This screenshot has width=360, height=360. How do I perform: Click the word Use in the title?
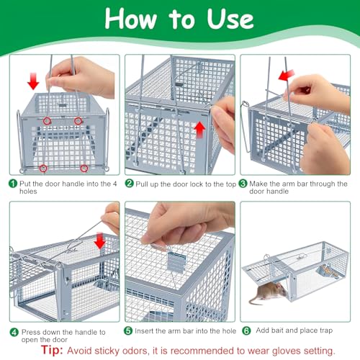[x=230, y=19]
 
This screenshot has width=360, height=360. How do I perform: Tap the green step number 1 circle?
[x=13, y=184]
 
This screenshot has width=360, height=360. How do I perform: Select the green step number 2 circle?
[x=129, y=184]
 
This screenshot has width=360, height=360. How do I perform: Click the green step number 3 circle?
[x=243, y=184]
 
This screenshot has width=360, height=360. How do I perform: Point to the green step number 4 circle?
[x=14, y=333]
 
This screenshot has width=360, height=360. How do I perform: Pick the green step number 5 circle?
[x=128, y=330]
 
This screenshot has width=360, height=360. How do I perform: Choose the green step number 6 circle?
[x=246, y=330]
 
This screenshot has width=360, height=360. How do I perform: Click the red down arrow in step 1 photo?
[x=33, y=81]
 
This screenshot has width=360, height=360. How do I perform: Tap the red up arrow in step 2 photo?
[x=199, y=130]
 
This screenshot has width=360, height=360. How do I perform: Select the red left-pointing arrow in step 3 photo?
[x=287, y=75]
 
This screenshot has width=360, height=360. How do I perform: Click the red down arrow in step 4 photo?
[x=100, y=240]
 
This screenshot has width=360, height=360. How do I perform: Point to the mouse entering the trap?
[x=268, y=293]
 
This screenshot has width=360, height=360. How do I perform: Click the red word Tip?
[x=52, y=350]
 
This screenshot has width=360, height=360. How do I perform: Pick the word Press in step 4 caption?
[x=31, y=332]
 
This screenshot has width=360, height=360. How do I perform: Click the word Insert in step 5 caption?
[x=144, y=330]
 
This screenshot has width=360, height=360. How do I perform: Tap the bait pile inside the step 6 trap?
[x=328, y=271]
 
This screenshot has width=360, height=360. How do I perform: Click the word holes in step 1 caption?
[x=28, y=192]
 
